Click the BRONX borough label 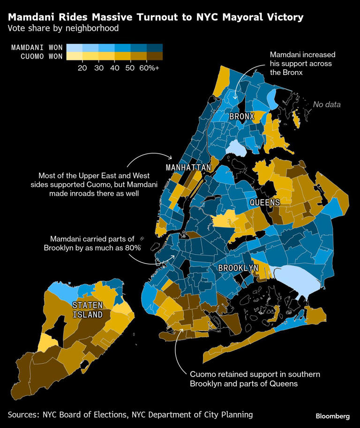click(x=241, y=116)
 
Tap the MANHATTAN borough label click(x=188, y=167)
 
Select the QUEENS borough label click(x=264, y=202)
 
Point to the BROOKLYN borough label click(x=238, y=268)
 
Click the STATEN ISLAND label click(x=88, y=310)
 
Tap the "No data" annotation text click(x=327, y=104)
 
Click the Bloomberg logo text click(x=332, y=416)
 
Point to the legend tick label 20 click(x=82, y=67)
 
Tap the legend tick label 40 click(x=114, y=67)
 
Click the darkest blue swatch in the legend click(x=155, y=47)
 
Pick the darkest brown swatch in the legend click(x=155, y=56)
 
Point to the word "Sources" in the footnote click(x=24, y=414)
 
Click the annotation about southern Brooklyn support click(x=254, y=379)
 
